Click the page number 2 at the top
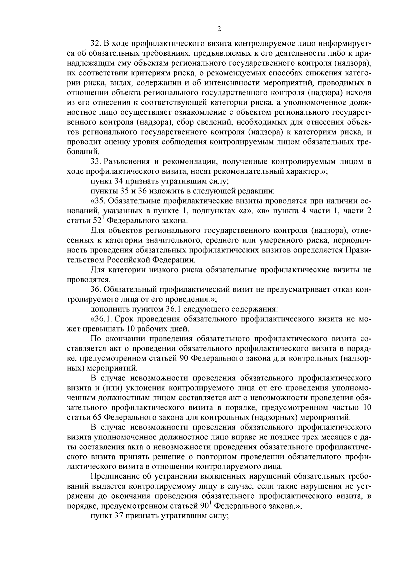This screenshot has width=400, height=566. click(x=219, y=29)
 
